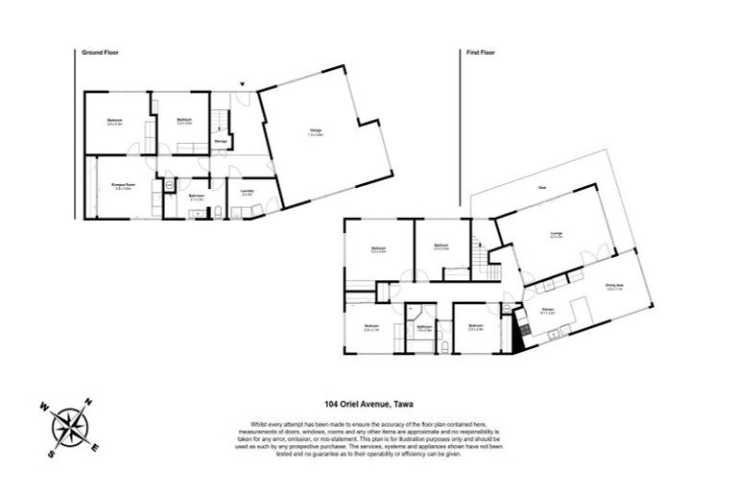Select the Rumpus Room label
tap(122, 186)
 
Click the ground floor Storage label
tap(220, 141)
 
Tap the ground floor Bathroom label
tap(196, 197)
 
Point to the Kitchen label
tap(550, 309)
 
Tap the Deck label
tap(542, 186)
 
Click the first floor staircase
tap(477, 256)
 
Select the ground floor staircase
tap(219, 120)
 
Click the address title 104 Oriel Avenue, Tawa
tap(368, 406)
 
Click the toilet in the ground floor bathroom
tap(217, 209)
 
